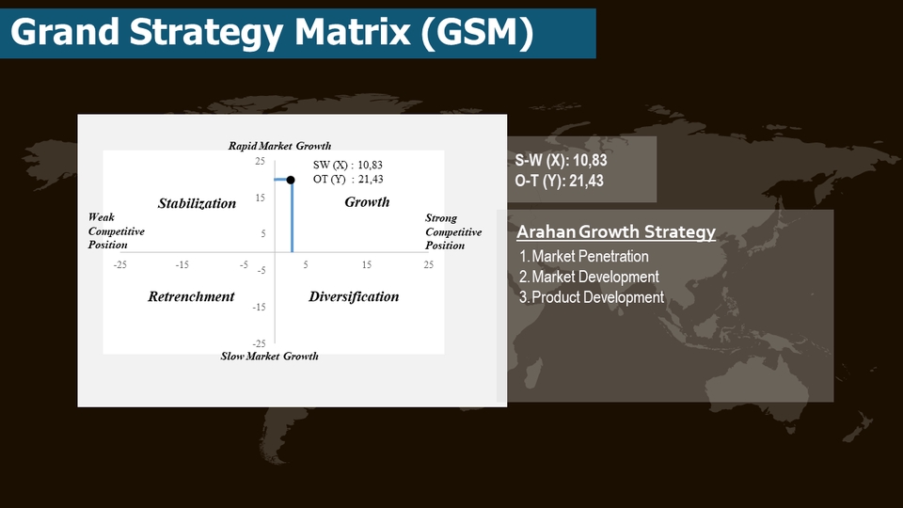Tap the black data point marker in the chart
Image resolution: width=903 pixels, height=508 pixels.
pos(291,180)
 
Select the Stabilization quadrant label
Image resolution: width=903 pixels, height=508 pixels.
pos(197,203)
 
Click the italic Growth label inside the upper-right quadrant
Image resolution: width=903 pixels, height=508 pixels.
pos(367,202)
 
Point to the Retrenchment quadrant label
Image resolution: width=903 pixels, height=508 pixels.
pos(191,296)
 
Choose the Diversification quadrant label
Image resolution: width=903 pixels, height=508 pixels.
pos(354,296)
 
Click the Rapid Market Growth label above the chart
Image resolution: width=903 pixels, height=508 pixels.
pos(279,146)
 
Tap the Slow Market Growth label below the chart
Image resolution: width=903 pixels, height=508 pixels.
pos(269,356)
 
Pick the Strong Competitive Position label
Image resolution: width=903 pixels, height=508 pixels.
pos(452,231)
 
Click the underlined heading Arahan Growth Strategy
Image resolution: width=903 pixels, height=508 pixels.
pos(616,232)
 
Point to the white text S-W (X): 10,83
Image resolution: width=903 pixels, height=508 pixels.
pos(561,161)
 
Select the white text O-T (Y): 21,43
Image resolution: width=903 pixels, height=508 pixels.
pos(560,182)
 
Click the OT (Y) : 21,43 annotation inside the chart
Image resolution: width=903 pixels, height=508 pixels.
pos(348,179)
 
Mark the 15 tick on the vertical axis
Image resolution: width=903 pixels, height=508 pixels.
pos(260,198)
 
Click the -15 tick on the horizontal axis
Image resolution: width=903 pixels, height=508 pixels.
pos(182,265)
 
